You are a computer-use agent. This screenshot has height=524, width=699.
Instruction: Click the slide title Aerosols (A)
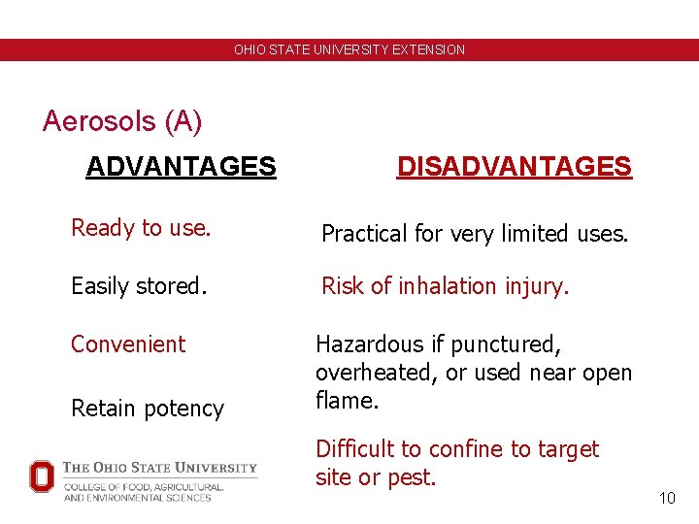[122, 121]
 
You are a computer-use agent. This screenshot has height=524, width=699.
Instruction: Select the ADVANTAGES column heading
[181, 167]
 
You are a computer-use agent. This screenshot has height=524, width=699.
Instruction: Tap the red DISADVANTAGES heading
[514, 167]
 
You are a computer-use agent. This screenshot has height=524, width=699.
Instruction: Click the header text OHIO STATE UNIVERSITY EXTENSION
[349, 49]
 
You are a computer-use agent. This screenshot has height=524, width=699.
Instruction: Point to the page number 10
[666, 498]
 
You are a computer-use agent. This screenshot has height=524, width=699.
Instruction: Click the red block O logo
[42, 475]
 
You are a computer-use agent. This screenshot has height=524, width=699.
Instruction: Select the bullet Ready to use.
[141, 228]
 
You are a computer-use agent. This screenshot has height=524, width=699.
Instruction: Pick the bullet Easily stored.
[139, 286]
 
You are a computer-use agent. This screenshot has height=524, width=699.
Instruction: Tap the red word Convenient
[128, 344]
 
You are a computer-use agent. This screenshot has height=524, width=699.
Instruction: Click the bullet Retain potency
[148, 409]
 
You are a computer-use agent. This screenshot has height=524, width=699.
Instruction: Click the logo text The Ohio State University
[160, 468]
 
